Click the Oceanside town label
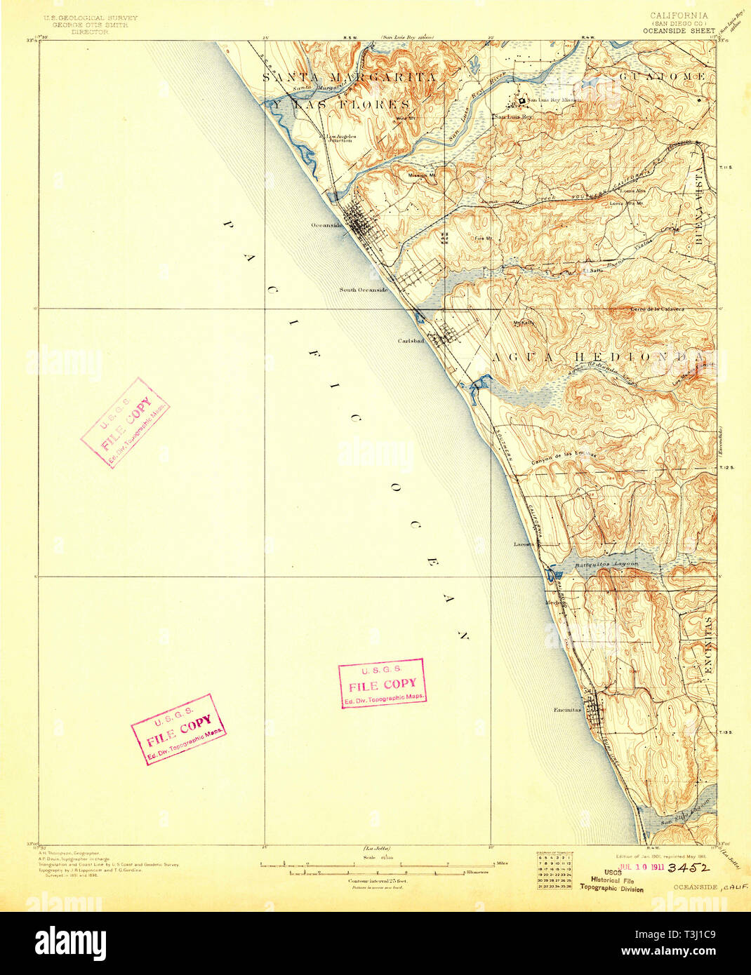[x=326, y=225]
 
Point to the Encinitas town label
[x=567, y=709]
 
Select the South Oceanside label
[x=363, y=290]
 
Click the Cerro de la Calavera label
[x=658, y=309]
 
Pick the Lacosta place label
[x=524, y=544]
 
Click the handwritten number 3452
[x=689, y=868]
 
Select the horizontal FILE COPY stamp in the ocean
[x=382, y=684]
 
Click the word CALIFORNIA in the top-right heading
[x=679, y=15]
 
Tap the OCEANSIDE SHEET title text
[x=679, y=31]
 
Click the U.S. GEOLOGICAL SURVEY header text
[x=91, y=18]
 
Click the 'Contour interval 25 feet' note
[x=377, y=880]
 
